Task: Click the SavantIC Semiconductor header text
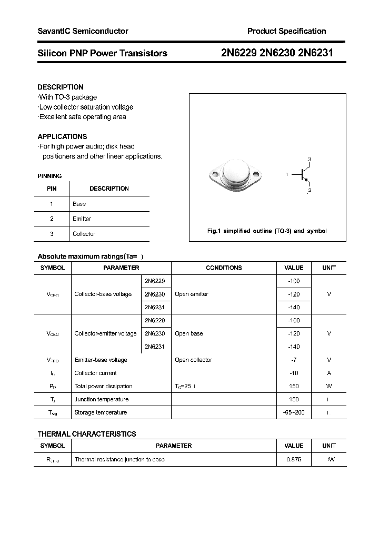coord(83,31)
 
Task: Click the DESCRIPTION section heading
coord(61,87)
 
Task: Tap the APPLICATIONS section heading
coord(62,136)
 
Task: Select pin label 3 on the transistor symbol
coord(310,159)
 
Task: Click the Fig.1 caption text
coord(267,231)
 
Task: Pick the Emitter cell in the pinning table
coord(82,219)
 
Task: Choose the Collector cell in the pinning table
coord(84,234)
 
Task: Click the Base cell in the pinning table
coord(79,204)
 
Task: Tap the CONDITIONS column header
coord(224,268)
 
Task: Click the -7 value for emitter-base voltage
coord(294,360)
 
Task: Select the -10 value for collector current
coord(294,373)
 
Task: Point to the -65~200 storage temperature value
coord(294,413)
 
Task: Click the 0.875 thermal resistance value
coord(294,460)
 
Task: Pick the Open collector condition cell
coord(193,360)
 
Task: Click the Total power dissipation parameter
coord(104,387)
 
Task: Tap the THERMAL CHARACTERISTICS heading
coord(87,434)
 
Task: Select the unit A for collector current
coord(329,373)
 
